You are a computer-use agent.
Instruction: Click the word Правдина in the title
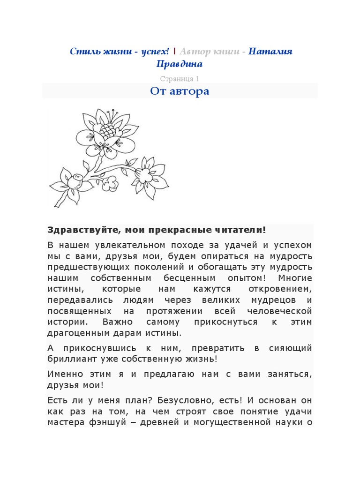(x=180, y=64)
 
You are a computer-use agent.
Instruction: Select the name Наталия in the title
(x=270, y=51)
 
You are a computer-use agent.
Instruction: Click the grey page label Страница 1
(x=180, y=79)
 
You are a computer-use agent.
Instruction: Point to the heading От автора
(x=180, y=91)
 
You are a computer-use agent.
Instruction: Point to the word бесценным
(x=180, y=278)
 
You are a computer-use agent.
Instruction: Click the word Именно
(x=65, y=374)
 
